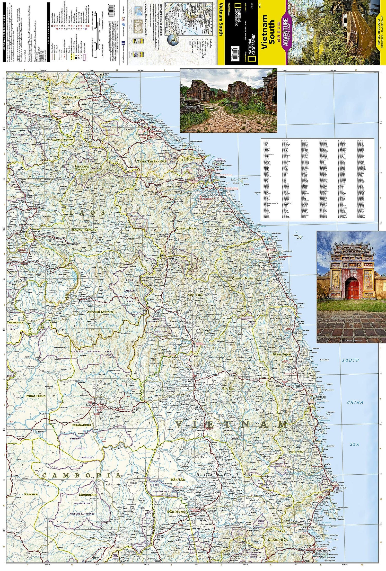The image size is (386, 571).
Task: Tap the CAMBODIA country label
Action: point(81,475)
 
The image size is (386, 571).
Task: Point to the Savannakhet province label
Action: point(63,140)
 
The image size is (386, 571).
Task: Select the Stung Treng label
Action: point(35,396)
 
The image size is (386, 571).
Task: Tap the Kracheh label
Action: point(31,494)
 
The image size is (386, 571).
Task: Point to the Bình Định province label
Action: point(282,354)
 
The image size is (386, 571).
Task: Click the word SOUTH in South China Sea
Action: point(350,360)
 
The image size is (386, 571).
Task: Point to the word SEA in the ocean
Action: point(355,444)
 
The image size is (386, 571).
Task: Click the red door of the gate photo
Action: point(352,290)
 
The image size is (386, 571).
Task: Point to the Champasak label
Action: point(15,322)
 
